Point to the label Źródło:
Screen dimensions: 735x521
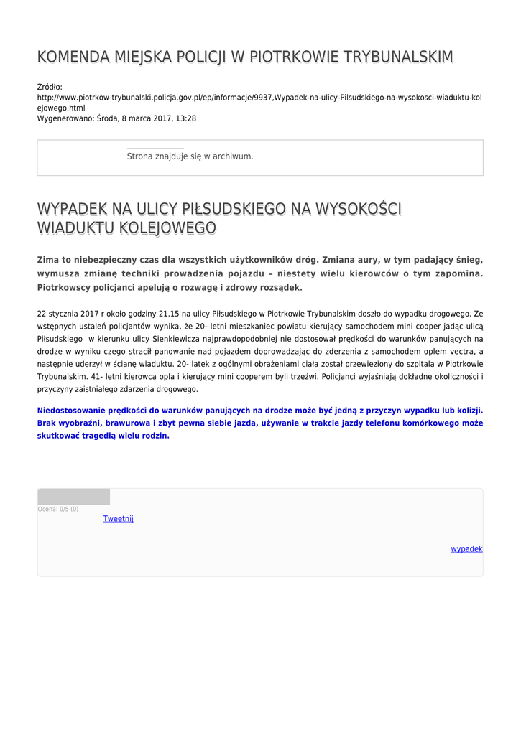pyautogui.click(x=50, y=87)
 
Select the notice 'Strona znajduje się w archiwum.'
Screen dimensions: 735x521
pyautogui.click(x=190, y=156)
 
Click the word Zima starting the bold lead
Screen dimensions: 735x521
pyautogui.click(x=49, y=259)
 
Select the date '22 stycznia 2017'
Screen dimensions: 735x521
pyautogui.click(x=68, y=314)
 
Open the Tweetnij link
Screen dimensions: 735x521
pyautogui.click(x=119, y=519)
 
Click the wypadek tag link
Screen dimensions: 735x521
pyautogui.click(x=466, y=549)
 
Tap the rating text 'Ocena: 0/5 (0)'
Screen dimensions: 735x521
pyautogui.click(x=58, y=509)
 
